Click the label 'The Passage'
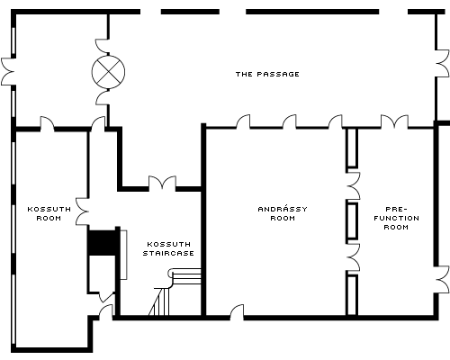click(x=267, y=74)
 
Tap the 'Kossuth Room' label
click(x=49, y=213)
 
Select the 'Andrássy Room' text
click(x=283, y=213)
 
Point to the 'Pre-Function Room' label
click(x=396, y=218)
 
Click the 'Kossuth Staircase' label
click(x=168, y=248)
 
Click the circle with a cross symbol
click(x=108, y=72)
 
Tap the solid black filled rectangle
click(x=103, y=243)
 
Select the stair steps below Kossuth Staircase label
click(x=175, y=292)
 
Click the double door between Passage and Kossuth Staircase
click(x=162, y=183)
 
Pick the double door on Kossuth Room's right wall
click(x=82, y=211)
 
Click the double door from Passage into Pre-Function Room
click(x=394, y=121)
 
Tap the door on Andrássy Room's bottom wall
click(x=237, y=312)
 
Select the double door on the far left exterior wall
click(x=8, y=72)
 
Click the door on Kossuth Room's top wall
click(x=48, y=123)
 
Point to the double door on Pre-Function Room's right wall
click(x=443, y=280)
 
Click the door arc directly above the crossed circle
click(x=102, y=46)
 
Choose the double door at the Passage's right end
click(x=443, y=63)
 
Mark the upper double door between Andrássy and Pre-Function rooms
click(x=353, y=186)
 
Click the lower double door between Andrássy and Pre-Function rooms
click(x=353, y=257)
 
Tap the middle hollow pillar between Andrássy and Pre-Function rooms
click(x=352, y=221)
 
